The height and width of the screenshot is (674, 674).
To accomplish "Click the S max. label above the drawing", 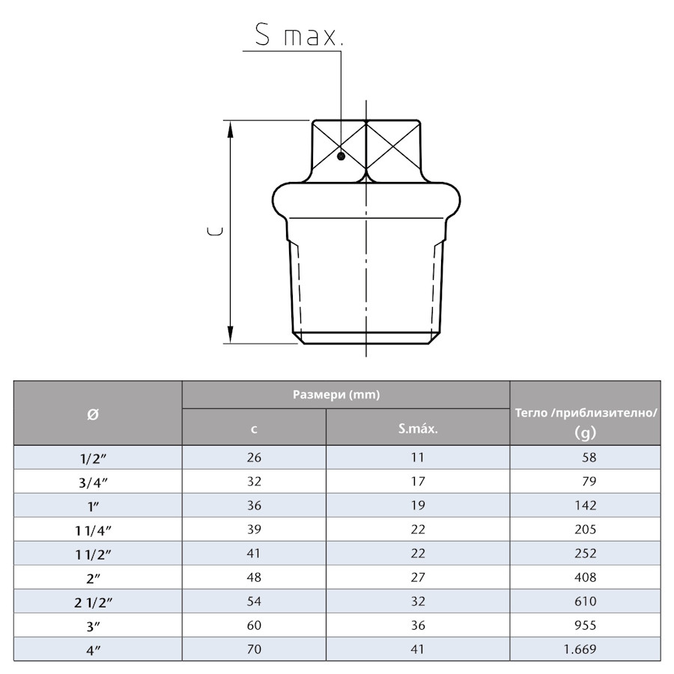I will click(298, 35).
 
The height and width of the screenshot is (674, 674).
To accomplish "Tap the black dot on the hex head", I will click(341, 156).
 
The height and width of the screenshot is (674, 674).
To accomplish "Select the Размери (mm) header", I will click(347, 395).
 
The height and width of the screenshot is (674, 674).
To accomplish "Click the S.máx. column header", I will click(418, 429).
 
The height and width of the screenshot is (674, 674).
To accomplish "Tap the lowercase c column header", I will click(254, 429).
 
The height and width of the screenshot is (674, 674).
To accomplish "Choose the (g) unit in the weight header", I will click(585, 432).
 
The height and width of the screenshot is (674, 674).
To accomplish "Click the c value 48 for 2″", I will click(254, 577).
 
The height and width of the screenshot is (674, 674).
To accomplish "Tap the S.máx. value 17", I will click(418, 482).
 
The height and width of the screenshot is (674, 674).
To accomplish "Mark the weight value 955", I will click(584, 625).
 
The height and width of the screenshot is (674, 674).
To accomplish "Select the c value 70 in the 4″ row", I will click(254, 649).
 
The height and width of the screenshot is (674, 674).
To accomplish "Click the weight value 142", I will click(584, 506).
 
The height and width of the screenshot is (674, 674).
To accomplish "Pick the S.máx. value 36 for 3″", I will click(418, 625).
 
